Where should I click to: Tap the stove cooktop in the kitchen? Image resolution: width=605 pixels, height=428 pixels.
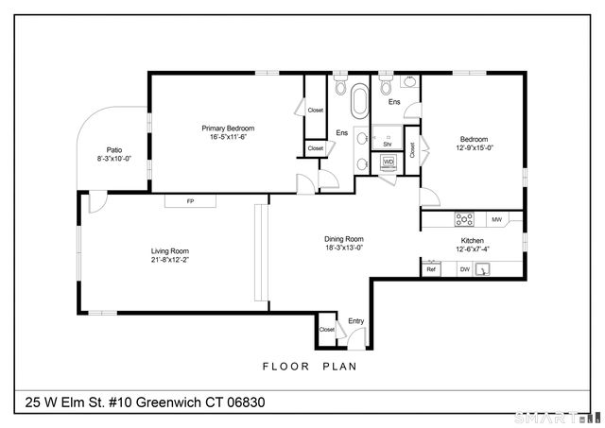tap(465, 219)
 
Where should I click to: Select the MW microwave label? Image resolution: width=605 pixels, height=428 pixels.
tap(496, 219)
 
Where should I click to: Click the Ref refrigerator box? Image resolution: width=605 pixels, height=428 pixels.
tap(431, 269)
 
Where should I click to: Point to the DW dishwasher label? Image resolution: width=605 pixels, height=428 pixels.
tap(464, 269)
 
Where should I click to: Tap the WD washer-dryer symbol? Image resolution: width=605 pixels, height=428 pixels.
tap(389, 162)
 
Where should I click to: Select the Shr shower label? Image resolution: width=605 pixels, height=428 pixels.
tap(387, 145)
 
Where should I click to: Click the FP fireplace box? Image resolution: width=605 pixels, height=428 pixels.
tap(190, 200)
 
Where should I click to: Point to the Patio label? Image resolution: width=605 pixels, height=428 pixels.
tap(114, 149)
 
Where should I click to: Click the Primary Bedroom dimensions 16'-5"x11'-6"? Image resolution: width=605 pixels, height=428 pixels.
tap(228, 137)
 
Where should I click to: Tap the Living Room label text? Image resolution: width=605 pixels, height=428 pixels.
tap(170, 250)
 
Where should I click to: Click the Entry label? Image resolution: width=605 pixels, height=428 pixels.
tap(355, 321)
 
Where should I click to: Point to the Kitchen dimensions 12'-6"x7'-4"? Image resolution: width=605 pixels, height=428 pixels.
tap(473, 250)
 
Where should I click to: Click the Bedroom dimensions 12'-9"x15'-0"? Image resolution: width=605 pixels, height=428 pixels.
tap(475, 146)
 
